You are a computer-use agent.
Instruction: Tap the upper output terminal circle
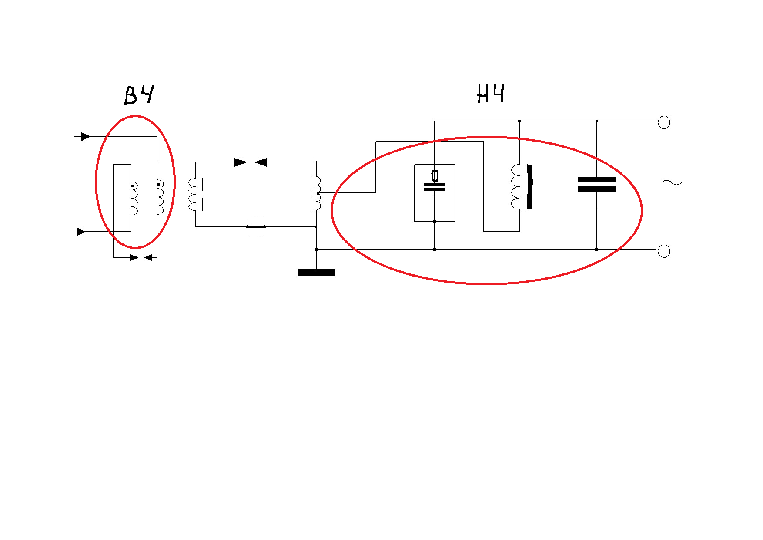[x=664, y=122]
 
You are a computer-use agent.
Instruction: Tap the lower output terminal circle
[x=664, y=251]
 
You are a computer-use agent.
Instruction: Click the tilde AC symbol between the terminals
[x=672, y=182]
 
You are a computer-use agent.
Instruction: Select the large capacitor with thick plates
[x=596, y=184]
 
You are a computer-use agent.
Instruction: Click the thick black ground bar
[x=316, y=273]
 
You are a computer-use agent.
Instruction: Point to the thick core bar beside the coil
[x=529, y=187]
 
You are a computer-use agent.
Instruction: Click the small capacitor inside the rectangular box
[x=435, y=187]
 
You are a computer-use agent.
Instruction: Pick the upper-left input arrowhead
[x=86, y=137]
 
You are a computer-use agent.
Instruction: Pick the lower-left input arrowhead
[x=81, y=232]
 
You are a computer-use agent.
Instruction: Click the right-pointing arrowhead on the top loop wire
[x=241, y=162]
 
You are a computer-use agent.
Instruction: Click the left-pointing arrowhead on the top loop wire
[x=261, y=162]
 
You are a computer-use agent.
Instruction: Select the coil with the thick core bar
[x=515, y=187]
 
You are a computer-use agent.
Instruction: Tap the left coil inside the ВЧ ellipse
[x=134, y=199]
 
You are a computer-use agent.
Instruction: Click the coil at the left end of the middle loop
[x=193, y=194]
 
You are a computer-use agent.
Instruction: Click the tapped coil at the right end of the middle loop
[x=317, y=193]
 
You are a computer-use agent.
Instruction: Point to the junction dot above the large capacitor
[x=597, y=121]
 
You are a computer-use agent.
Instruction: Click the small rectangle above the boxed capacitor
[x=435, y=176]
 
